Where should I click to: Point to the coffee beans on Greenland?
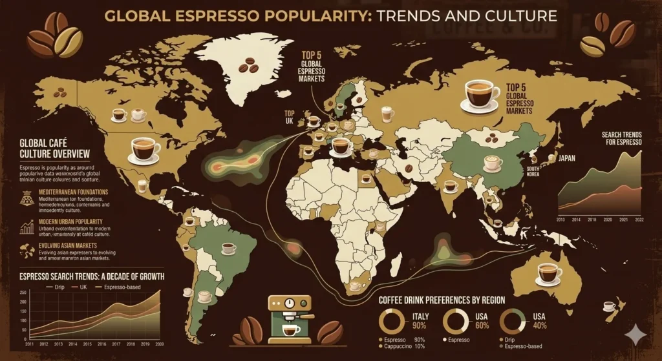(248, 65)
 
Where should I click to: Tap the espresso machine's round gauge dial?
(289, 303)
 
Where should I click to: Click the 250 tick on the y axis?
(23, 293)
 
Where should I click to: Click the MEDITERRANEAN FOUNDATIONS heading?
(73, 192)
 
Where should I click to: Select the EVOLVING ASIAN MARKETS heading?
(67, 245)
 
